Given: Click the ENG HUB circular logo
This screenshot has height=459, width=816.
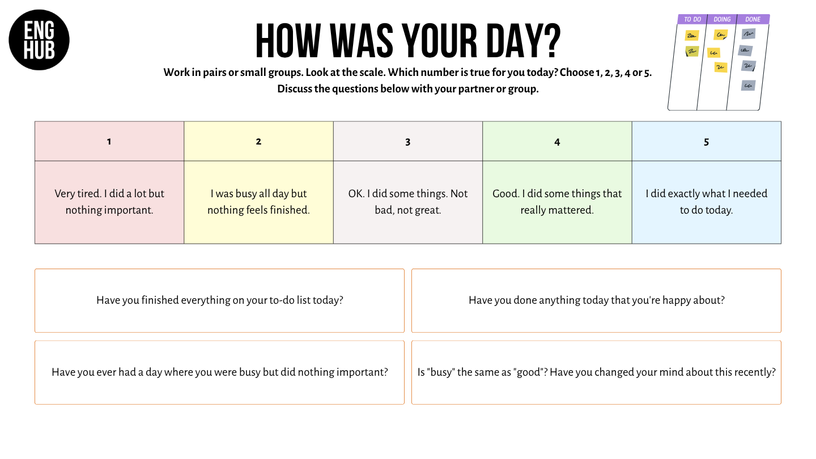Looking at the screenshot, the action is point(39,40).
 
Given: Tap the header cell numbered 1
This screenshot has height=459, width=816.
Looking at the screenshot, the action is point(109,141).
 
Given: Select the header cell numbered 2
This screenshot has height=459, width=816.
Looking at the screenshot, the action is point(258,141).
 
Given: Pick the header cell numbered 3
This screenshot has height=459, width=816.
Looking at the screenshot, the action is point(408,141).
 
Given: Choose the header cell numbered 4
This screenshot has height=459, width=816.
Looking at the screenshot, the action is point(558,141).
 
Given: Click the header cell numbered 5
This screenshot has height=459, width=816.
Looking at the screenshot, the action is point(707,141).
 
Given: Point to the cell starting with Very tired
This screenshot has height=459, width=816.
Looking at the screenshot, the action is point(109,202).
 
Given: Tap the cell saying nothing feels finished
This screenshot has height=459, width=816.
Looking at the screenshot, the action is point(258,202).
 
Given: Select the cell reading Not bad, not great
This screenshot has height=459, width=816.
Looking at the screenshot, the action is point(408,202).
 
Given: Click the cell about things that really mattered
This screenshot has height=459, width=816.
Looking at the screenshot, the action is point(558,202).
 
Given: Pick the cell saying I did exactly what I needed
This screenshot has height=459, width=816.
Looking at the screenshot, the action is point(707,202).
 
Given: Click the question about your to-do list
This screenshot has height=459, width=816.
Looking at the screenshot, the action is point(220,300).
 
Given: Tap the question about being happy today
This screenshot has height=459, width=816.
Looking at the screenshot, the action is point(596,300).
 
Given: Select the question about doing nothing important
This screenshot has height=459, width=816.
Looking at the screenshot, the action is point(220,372).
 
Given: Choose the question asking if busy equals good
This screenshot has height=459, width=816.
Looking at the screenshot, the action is point(596,372).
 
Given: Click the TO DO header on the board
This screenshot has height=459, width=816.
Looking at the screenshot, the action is point(692,19).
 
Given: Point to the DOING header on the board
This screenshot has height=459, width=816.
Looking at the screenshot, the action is point(722,19).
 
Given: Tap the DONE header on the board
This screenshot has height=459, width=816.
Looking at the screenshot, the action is point(753,19).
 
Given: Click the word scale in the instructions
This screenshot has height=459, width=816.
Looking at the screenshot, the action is point(373,72).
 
